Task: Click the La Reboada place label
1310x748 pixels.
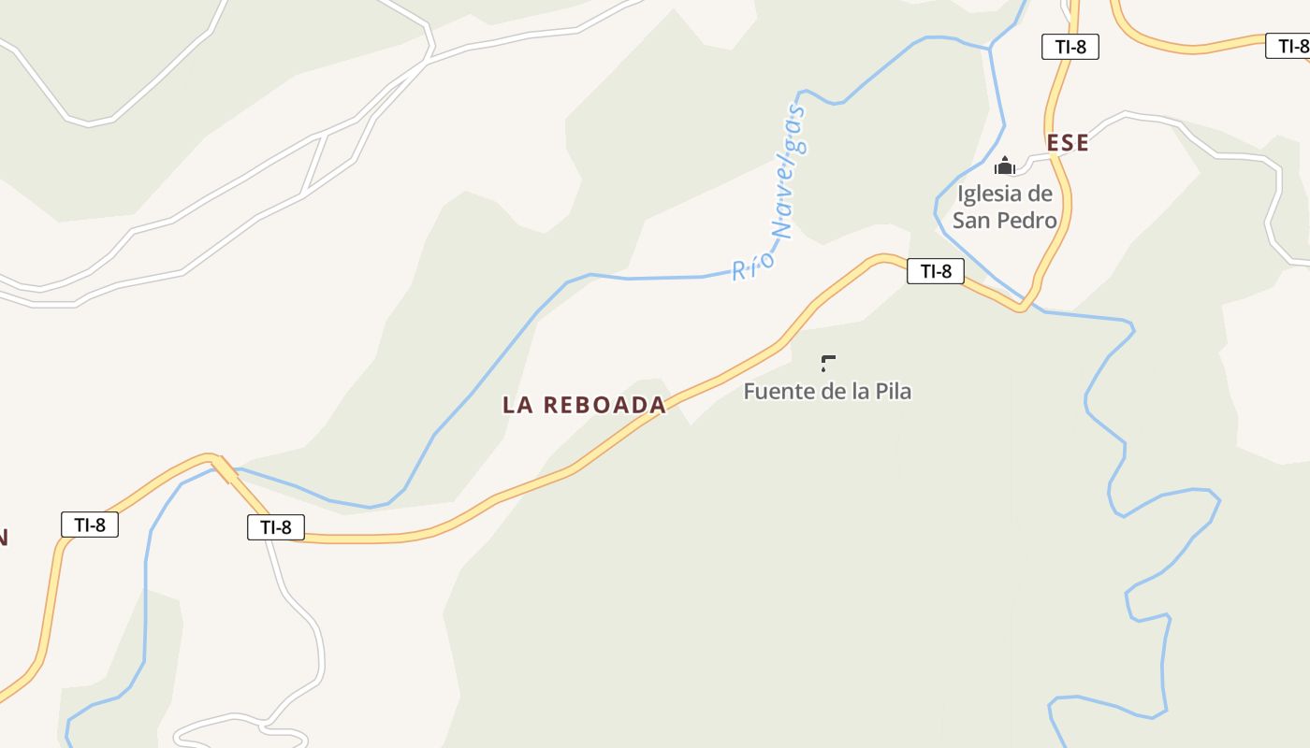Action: coord(584,405)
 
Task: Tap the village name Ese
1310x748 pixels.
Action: coord(1068,143)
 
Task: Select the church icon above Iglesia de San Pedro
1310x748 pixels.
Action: coord(1005,166)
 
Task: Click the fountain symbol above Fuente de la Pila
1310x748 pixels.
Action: coord(827,363)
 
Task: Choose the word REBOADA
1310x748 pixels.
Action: coord(604,405)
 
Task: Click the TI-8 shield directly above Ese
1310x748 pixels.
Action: coord(1070,47)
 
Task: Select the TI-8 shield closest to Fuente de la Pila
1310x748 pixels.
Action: coord(935,271)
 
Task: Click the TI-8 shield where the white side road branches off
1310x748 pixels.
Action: coord(276,527)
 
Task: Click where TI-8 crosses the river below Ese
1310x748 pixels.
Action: coord(1024,306)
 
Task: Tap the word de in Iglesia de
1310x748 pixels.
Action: coord(1040,194)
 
